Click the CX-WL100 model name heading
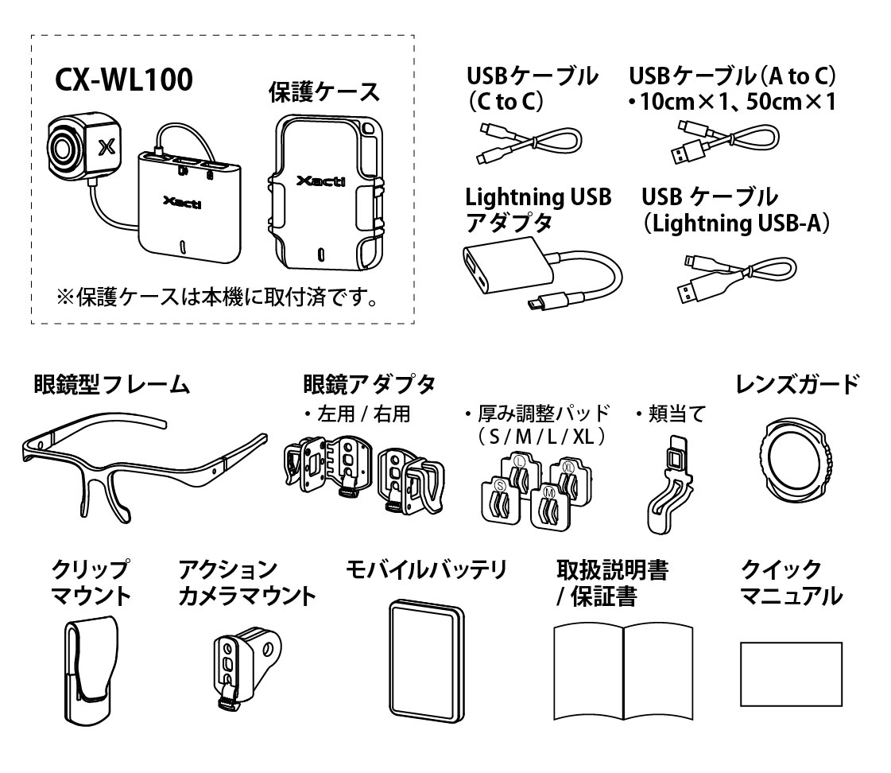[123, 80]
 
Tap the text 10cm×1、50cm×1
[731, 103]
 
